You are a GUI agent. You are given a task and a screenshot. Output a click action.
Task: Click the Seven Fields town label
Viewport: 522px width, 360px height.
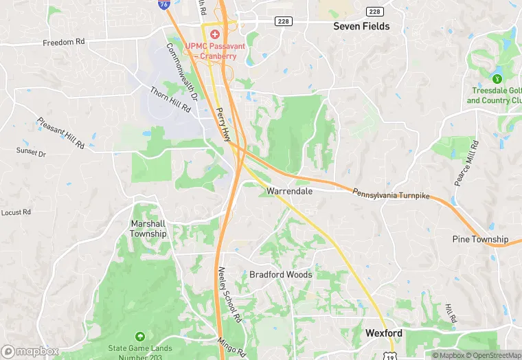tap(361, 26)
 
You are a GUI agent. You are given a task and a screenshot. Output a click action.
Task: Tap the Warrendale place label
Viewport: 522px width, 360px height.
tap(290, 191)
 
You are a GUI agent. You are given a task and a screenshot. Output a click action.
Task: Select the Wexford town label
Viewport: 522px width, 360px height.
tap(383, 333)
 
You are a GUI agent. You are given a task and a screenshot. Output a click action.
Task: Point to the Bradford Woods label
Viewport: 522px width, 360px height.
tap(280, 275)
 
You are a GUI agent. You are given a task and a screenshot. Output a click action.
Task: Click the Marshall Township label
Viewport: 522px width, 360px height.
tap(148, 228)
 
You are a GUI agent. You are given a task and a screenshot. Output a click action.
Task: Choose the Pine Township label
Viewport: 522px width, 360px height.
tap(480, 239)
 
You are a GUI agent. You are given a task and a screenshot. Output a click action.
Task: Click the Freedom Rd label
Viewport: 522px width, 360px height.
tap(63, 42)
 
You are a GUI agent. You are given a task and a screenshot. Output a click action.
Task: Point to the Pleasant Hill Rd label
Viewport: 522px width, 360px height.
tap(60, 133)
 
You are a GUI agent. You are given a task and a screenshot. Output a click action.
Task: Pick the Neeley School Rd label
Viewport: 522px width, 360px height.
tap(229, 295)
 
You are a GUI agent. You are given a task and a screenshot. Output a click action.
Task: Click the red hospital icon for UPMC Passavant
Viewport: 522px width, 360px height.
tap(215, 34)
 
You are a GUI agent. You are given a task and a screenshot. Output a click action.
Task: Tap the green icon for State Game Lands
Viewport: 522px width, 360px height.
tap(140, 337)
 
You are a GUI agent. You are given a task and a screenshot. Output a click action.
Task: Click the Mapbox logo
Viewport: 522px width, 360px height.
tap(30, 351)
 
